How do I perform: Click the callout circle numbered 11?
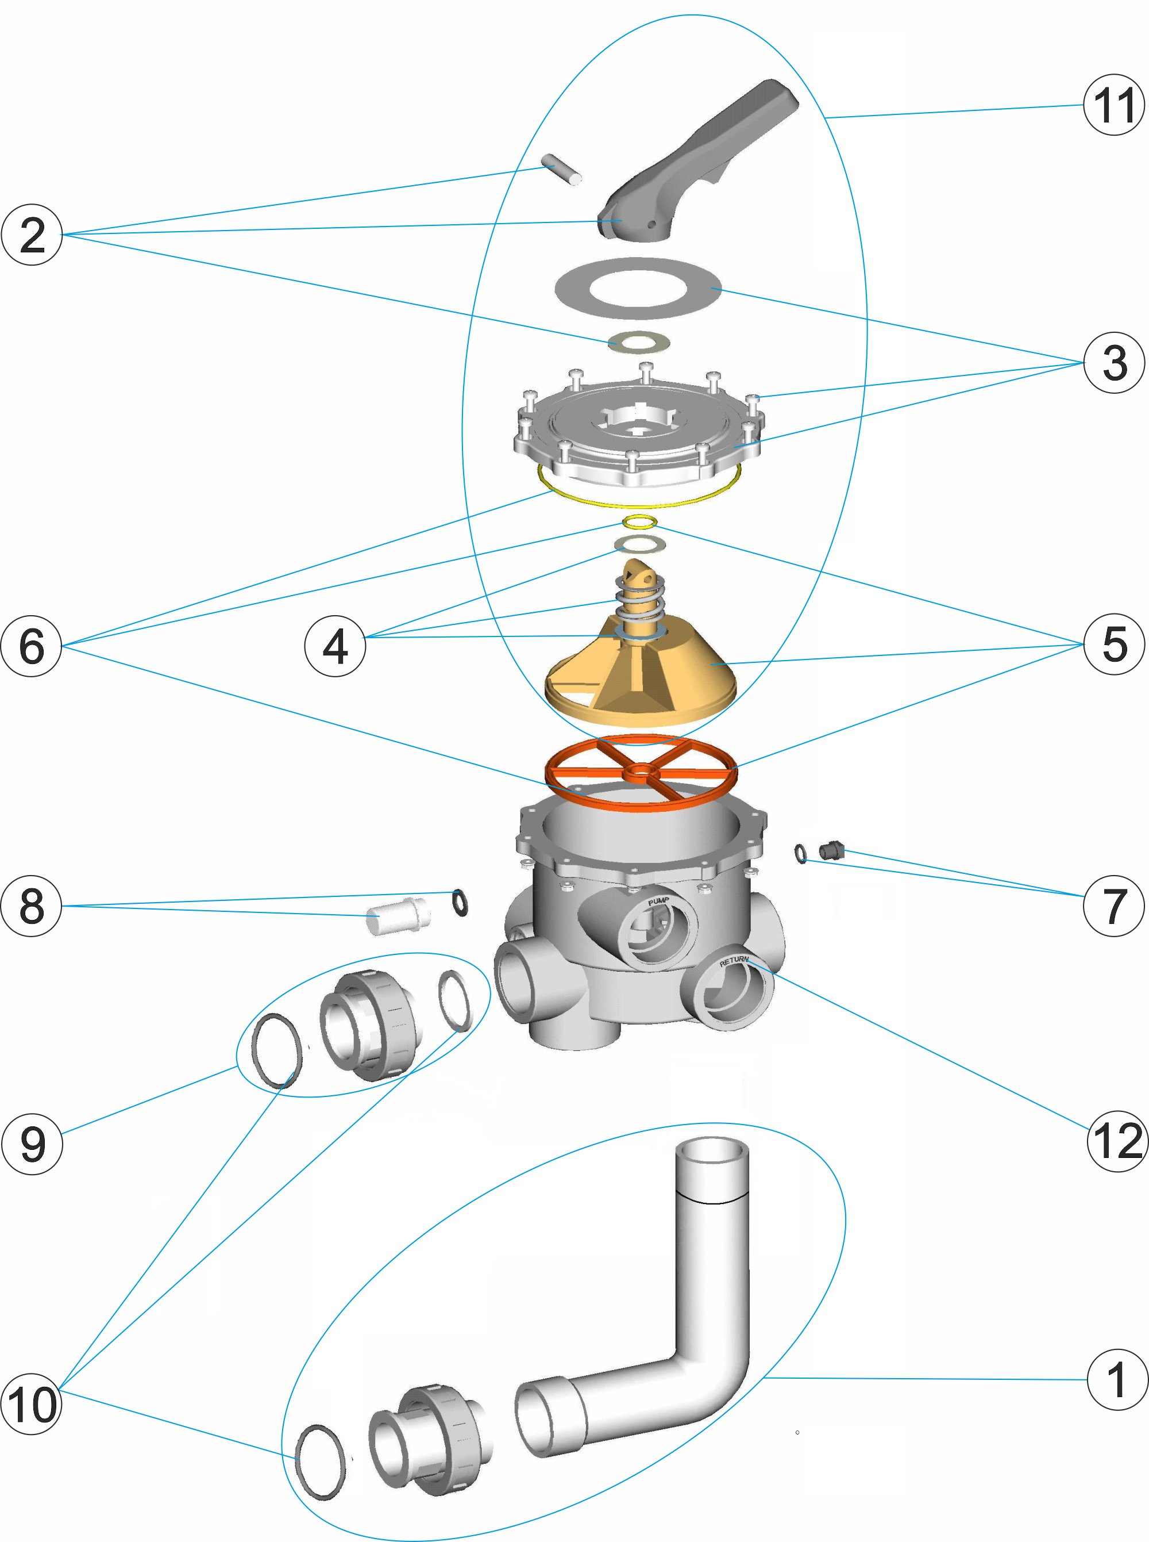click(1113, 105)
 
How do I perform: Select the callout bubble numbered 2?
click(32, 235)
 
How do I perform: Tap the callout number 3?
click(1113, 363)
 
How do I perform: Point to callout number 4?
click(336, 646)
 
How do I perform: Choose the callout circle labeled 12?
click(1117, 1141)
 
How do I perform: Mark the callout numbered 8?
click(32, 906)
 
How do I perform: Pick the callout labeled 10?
click(32, 1404)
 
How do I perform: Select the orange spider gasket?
click(640, 772)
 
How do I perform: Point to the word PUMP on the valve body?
click(658, 902)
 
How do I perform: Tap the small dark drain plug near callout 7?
click(831, 850)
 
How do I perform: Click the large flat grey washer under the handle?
click(638, 288)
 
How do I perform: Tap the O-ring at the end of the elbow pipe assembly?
click(321, 1462)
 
